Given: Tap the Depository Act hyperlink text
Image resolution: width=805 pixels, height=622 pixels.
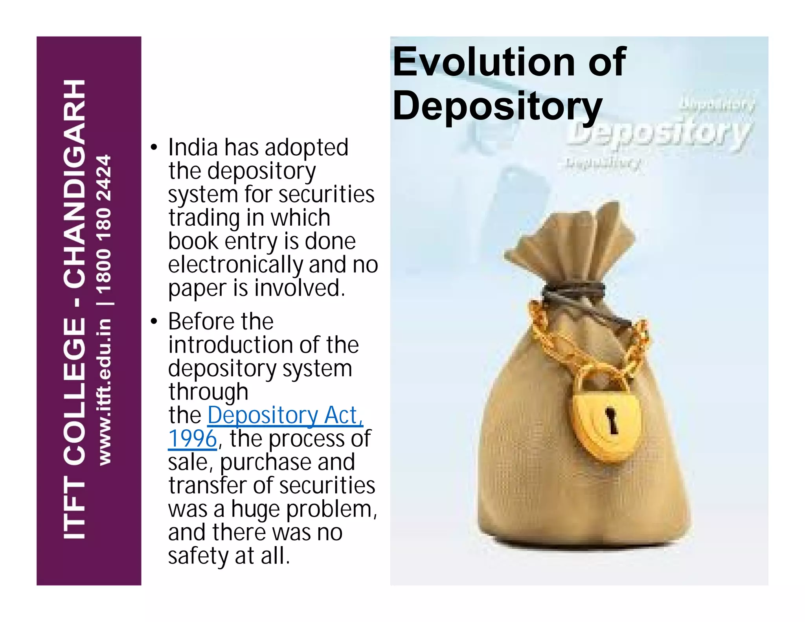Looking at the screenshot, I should point(285,415).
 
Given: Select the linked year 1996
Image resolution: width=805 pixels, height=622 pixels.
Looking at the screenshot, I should point(192,439).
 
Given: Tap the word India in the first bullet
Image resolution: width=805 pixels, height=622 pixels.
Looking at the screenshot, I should point(193,147).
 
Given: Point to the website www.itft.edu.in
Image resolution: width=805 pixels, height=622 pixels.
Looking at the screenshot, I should point(104,392).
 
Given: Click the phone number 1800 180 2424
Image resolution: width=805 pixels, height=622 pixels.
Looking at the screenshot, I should point(104,225).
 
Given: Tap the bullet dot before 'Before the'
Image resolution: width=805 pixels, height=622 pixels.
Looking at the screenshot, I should point(154,322).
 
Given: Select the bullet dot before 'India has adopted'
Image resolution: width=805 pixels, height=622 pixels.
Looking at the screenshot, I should point(154,148).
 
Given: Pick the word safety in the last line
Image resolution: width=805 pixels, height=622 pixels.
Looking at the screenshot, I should point(198,556).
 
